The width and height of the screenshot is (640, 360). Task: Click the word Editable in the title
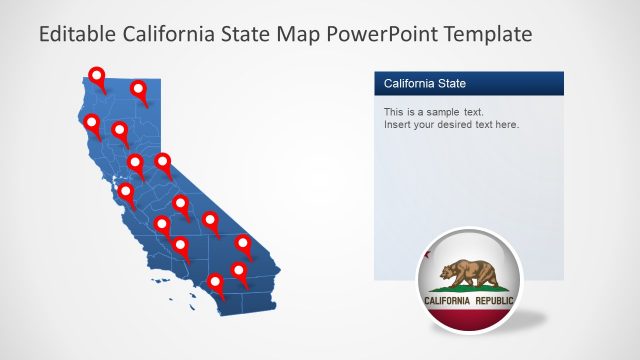(75, 35)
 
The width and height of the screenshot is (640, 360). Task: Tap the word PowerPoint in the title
(382, 35)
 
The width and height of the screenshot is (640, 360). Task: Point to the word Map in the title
(305, 35)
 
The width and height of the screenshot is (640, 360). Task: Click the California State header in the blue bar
(425, 83)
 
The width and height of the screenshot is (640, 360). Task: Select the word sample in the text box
(432, 112)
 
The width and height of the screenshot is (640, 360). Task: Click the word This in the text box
(394, 112)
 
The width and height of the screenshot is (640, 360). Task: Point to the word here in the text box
(505, 125)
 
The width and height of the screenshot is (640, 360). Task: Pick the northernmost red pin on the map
(97, 75)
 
